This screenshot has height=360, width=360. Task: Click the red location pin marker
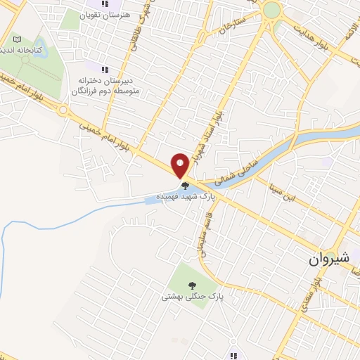click(x=180, y=165)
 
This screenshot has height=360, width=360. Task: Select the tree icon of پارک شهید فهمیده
click(x=185, y=186)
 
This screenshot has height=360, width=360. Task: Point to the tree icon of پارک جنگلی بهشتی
click(x=192, y=285)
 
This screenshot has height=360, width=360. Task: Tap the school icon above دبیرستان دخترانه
click(x=105, y=70)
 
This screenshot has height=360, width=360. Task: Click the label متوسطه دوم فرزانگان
click(x=105, y=90)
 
